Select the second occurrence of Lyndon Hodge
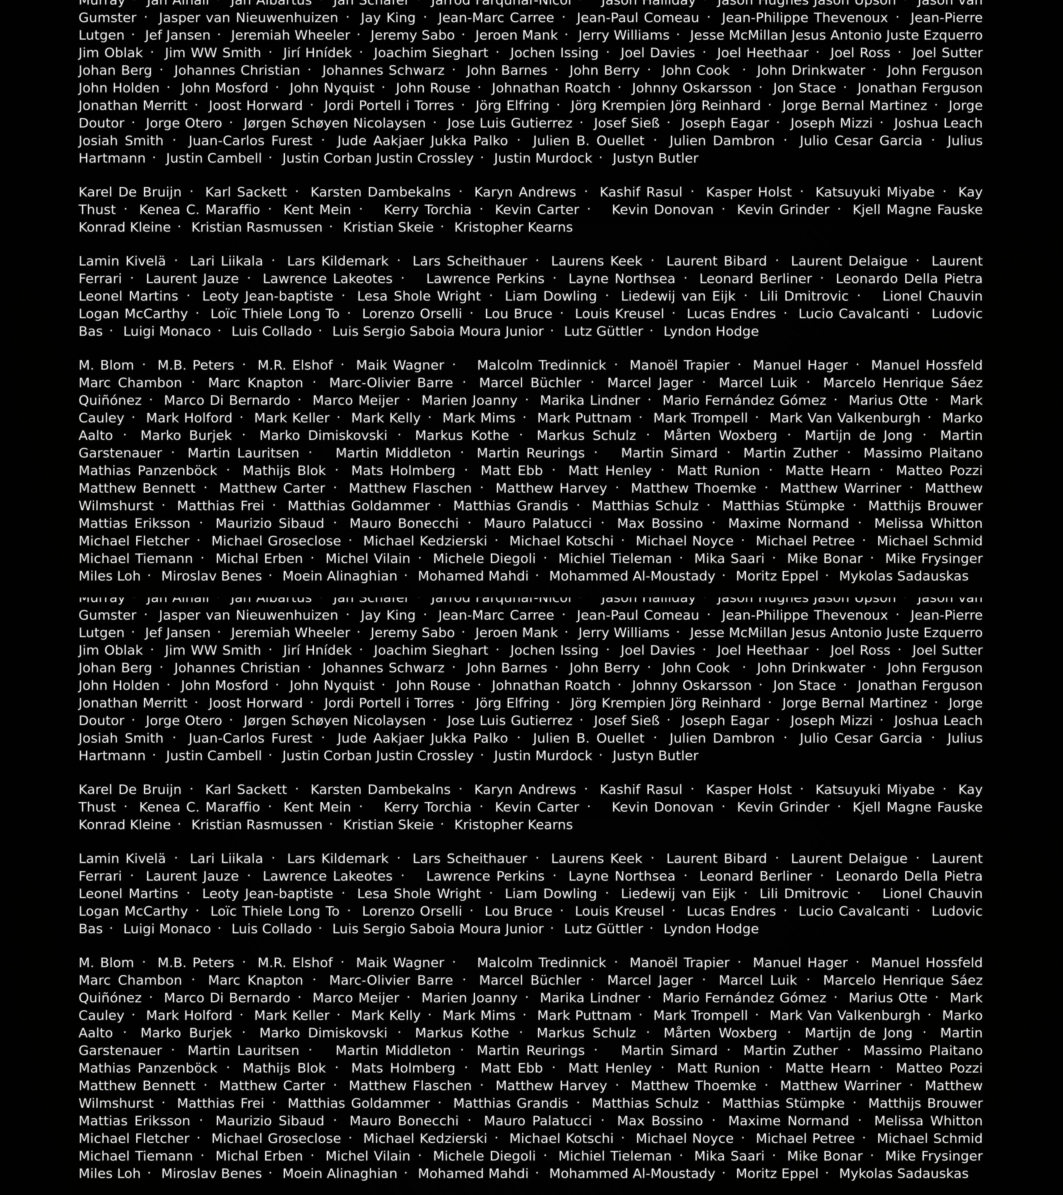click(x=711, y=929)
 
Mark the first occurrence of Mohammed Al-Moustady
click(x=632, y=577)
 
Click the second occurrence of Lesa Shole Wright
click(x=419, y=894)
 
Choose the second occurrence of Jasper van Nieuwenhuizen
click(x=248, y=616)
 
